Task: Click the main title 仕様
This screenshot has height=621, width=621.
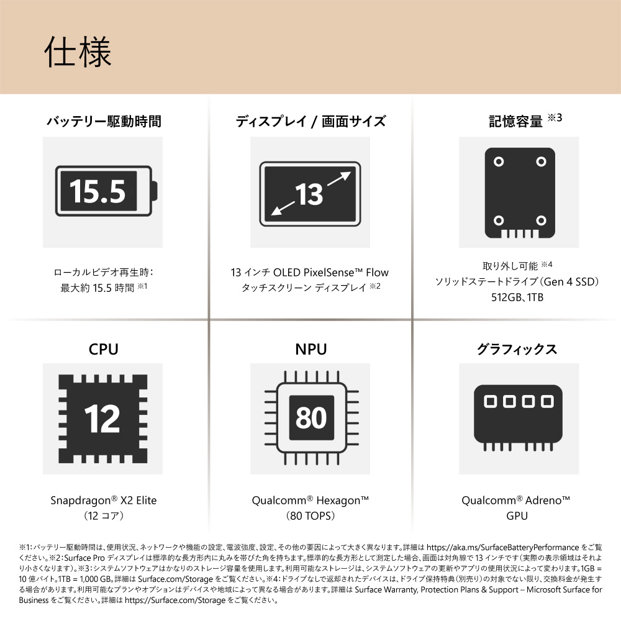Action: pyautogui.click(x=78, y=52)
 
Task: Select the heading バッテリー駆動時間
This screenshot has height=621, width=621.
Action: pyautogui.click(x=104, y=121)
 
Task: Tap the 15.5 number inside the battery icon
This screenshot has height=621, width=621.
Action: pyautogui.click(x=98, y=191)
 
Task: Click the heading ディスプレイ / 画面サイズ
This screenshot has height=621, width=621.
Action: pyautogui.click(x=310, y=121)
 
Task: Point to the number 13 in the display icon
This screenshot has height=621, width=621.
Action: pyautogui.click(x=309, y=194)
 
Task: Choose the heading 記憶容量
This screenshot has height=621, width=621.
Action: pyautogui.click(x=515, y=121)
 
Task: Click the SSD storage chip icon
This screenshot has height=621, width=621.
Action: pyautogui.click(x=520, y=193)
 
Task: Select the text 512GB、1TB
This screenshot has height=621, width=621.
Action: pyautogui.click(x=517, y=297)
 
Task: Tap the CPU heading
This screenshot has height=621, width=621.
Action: pyautogui.click(x=103, y=349)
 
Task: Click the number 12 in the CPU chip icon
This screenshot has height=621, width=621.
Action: pyautogui.click(x=102, y=419)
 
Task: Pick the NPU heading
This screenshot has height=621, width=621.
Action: pyautogui.click(x=311, y=349)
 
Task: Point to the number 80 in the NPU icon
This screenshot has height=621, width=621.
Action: pyautogui.click(x=311, y=417)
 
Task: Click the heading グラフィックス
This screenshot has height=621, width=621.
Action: pyautogui.click(x=517, y=349)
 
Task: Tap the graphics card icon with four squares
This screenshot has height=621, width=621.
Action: pyautogui.click(x=519, y=418)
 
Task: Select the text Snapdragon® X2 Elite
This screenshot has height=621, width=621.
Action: pyautogui.click(x=104, y=501)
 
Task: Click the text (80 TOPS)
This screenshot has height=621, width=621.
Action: pyautogui.click(x=310, y=515)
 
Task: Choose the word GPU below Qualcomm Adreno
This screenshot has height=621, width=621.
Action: pyautogui.click(x=517, y=515)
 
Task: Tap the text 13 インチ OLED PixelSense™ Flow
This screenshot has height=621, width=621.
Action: pyautogui.click(x=310, y=273)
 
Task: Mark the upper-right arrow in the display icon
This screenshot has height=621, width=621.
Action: pyautogui.click(x=339, y=179)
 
